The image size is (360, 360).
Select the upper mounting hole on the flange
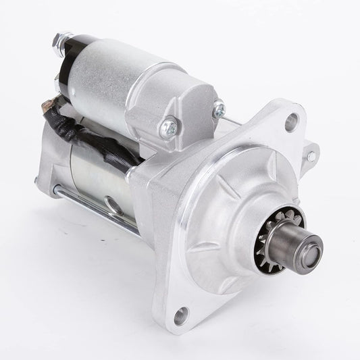coord(291,122)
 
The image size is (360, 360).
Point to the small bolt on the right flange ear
coord(311,157)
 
